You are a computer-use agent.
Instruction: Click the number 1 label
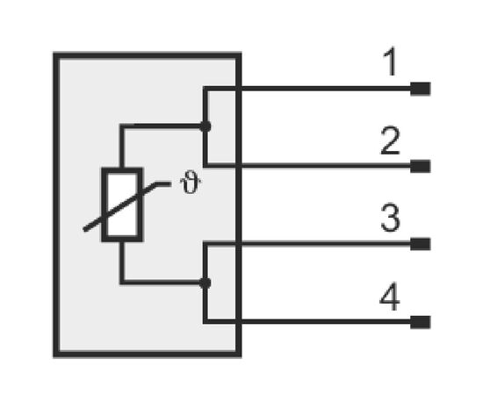390,62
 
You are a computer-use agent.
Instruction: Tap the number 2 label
390,140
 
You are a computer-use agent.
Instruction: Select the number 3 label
390,218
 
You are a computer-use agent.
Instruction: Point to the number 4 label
390,297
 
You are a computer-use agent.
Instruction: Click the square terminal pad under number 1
420,89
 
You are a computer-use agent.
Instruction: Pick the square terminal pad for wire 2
420,166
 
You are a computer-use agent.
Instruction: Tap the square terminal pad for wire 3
420,244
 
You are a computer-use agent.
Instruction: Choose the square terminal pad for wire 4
420,322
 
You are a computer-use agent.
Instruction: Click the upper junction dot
205,126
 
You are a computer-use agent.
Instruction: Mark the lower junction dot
205,283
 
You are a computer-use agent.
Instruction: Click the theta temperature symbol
191,183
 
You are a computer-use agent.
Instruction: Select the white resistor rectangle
122,205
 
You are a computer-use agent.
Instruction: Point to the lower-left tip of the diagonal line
84,229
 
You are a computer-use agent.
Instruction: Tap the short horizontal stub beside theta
163,184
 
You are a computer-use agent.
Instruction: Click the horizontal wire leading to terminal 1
307,89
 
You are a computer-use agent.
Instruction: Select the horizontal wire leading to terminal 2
307,166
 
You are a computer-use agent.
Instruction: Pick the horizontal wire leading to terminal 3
307,244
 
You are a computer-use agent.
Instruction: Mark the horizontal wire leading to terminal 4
307,322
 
